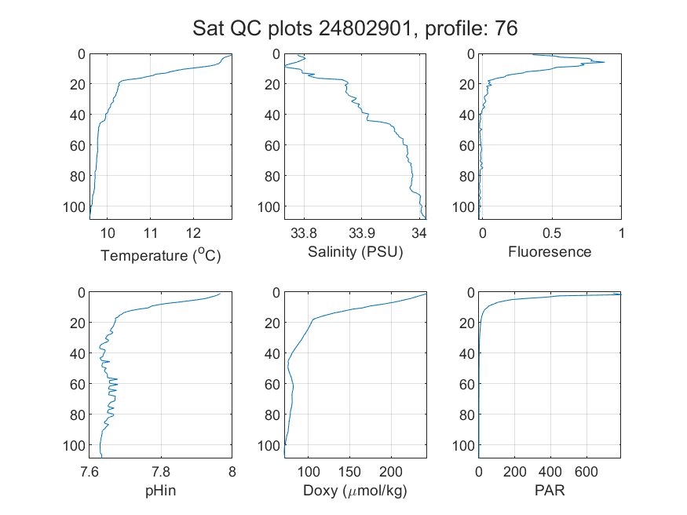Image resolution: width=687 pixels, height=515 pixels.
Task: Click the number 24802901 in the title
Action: pos(365,28)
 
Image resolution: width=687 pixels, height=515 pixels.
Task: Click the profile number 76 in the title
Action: pos(506,28)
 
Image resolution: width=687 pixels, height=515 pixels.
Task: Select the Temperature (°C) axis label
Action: pos(160,255)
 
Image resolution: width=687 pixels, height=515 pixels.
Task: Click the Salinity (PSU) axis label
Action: pos(356,252)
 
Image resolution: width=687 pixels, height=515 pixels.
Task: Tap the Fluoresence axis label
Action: pos(550,252)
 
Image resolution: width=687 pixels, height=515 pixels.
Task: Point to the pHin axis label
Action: pos(160,491)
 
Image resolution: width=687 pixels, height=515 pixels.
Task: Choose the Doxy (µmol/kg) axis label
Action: pos(355,491)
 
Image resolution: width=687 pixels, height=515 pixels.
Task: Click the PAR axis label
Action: pos(550,490)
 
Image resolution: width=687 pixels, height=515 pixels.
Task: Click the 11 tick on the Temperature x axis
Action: pos(150,233)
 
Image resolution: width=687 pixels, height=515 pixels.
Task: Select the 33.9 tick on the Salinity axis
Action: pos(361,233)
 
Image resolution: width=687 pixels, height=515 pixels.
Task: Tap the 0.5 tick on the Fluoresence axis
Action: pos(552,233)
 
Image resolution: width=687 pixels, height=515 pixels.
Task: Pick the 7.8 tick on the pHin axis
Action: pos(161,472)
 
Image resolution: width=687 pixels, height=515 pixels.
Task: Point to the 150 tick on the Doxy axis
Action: pos(349,472)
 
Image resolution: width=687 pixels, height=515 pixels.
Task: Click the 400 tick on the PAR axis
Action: pos(550,472)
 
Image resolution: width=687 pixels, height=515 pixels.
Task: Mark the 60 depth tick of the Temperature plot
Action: pos(78,145)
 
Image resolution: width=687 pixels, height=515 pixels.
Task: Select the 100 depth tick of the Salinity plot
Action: pos(269,206)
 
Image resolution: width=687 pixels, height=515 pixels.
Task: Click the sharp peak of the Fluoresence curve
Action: pos(605,62)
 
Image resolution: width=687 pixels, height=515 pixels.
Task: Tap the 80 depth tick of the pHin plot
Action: pos(78,415)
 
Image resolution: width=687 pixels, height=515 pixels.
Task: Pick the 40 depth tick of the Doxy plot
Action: pos(272,353)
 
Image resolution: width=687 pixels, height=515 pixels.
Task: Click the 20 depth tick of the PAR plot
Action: pos(467,323)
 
